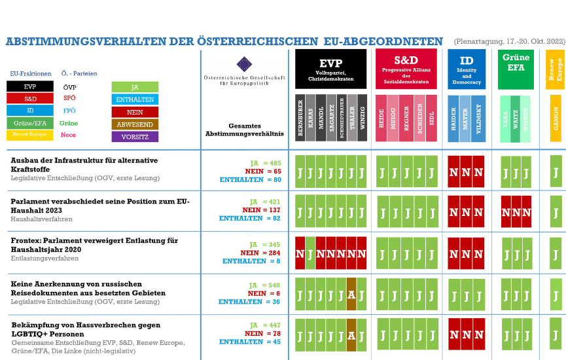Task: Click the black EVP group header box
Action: point(330,69)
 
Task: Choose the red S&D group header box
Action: point(406,69)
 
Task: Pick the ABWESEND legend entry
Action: point(135,124)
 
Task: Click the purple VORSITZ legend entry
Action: point(135,137)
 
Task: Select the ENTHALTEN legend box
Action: point(135,99)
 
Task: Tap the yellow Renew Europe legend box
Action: point(29,135)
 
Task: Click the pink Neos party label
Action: point(68,135)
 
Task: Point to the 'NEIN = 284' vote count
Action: point(260,253)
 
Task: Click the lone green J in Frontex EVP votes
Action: point(310,253)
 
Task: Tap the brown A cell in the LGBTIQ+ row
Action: point(351,336)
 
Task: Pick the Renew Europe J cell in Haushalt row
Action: point(556,211)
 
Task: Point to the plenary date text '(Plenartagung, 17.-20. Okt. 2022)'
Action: point(508,41)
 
